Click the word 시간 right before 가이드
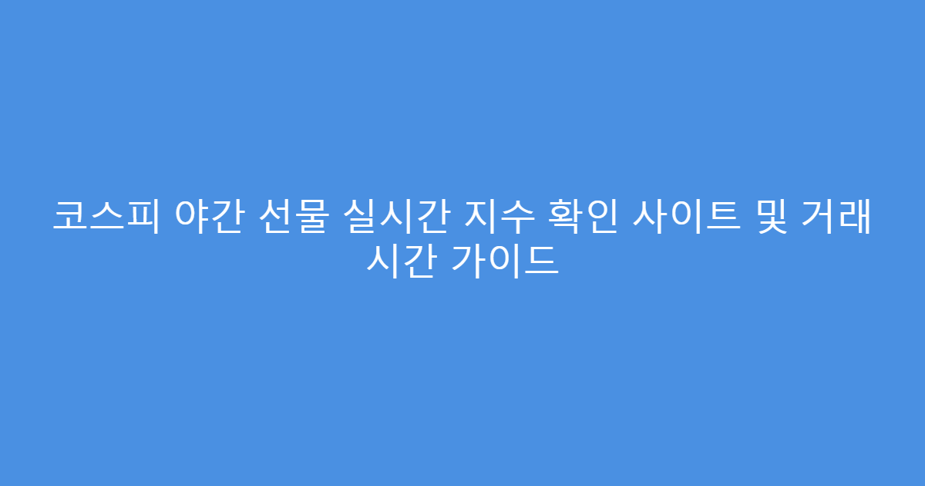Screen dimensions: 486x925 [x=398, y=262]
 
